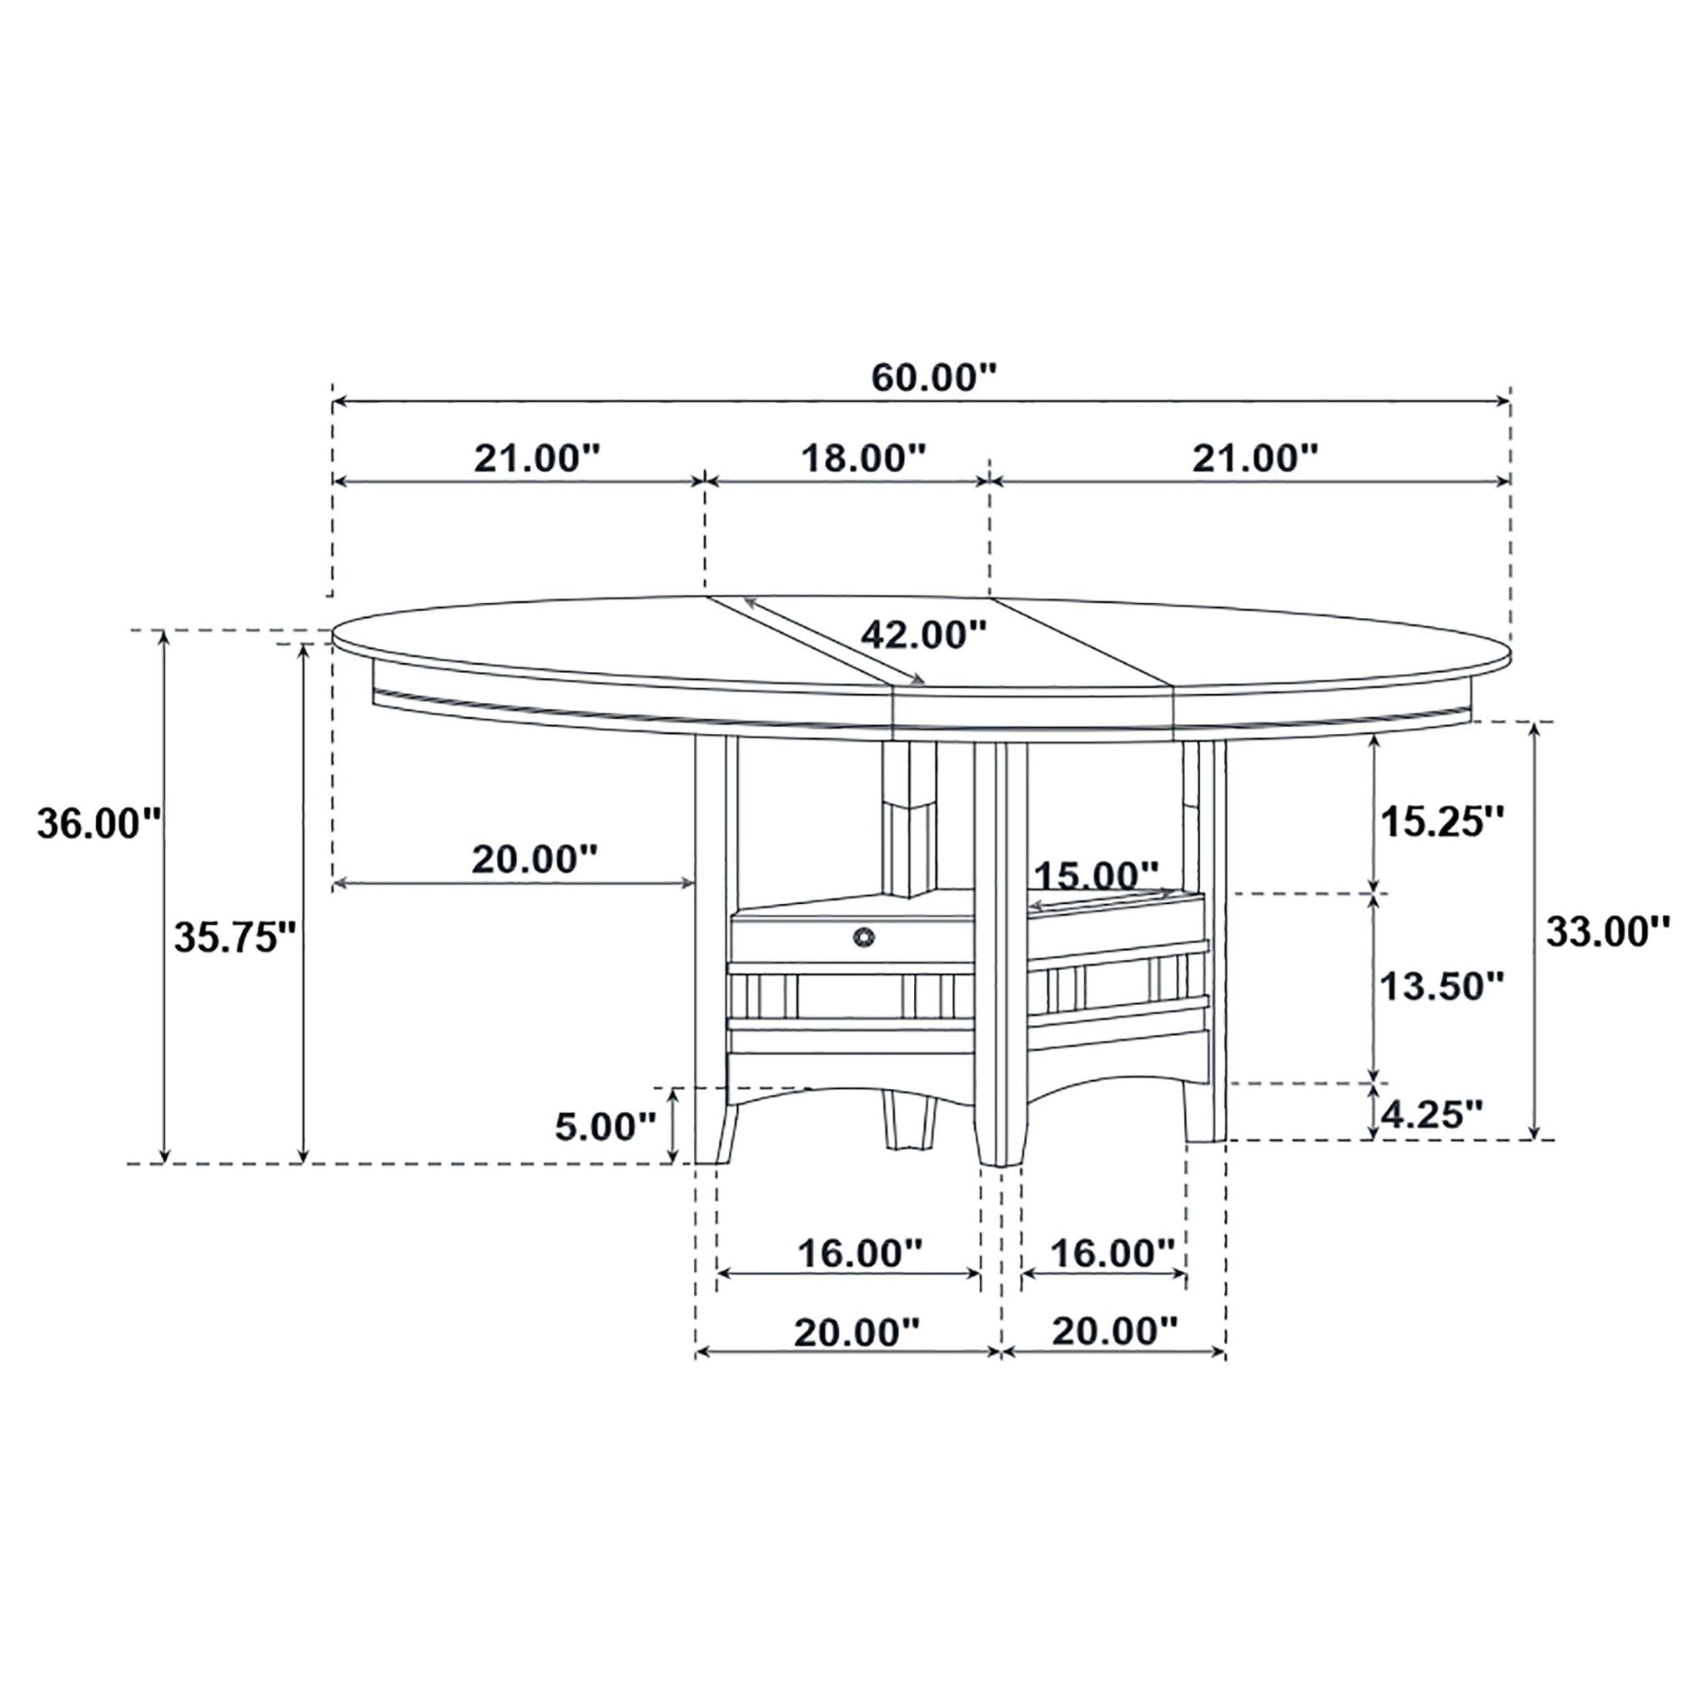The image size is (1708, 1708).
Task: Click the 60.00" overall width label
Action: pyautogui.click(x=933, y=378)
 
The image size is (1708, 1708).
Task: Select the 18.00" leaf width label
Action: pyautogui.click(x=863, y=458)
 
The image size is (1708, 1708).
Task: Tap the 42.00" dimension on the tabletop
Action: pyautogui.click(x=923, y=634)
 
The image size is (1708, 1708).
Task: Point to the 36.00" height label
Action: pyautogui.click(x=99, y=825)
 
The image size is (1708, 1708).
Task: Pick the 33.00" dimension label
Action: pyautogui.click(x=1607, y=931)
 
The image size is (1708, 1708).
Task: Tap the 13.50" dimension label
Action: pyautogui.click(x=1442, y=987)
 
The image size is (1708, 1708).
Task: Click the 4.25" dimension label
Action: pyautogui.click(x=1430, y=1115)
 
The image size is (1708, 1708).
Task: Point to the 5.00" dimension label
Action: pyautogui.click(x=605, y=1128)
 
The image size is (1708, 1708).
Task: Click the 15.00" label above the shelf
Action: pyautogui.click(x=1095, y=877)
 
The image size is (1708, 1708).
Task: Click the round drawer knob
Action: pyautogui.click(x=863, y=937)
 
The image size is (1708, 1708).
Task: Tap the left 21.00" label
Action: pyautogui.click(x=536, y=458)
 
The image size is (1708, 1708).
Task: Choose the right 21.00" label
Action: pyautogui.click(x=1255, y=458)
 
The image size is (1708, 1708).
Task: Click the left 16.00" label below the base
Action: pyautogui.click(x=859, y=1252)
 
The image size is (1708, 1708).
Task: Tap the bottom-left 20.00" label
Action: pyautogui.click(x=857, y=1332)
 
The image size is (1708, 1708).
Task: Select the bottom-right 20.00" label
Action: pyautogui.click(x=1115, y=1330)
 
